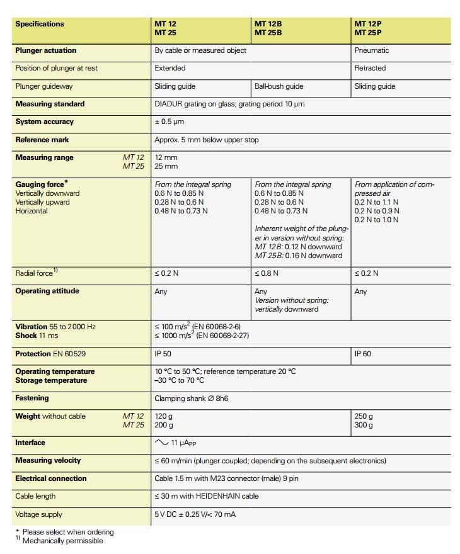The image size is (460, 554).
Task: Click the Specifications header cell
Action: (x=40, y=24)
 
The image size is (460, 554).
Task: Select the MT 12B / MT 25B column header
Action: (x=268, y=28)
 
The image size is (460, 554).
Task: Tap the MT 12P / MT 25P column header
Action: (x=369, y=28)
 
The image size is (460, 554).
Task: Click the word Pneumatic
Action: (x=372, y=50)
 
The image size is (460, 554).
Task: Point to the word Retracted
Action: (x=371, y=68)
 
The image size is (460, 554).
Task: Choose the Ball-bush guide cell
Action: (x=279, y=86)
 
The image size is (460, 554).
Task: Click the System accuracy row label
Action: (x=45, y=122)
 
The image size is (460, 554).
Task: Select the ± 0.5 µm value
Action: (x=170, y=122)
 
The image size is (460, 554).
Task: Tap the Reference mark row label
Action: (x=42, y=140)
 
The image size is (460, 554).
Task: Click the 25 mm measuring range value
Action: (x=166, y=166)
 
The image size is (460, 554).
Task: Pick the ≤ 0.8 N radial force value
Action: (x=267, y=273)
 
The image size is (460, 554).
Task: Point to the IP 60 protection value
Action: (x=363, y=354)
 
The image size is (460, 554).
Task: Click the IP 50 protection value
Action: (x=163, y=354)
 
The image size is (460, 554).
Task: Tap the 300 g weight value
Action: (x=364, y=425)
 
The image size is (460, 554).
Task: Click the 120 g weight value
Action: (x=164, y=416)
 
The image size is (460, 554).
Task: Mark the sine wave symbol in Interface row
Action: (x=161, y=443)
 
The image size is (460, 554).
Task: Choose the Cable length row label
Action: (x=35, y=496)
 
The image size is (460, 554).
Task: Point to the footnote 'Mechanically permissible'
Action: (x=62, y=540)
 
